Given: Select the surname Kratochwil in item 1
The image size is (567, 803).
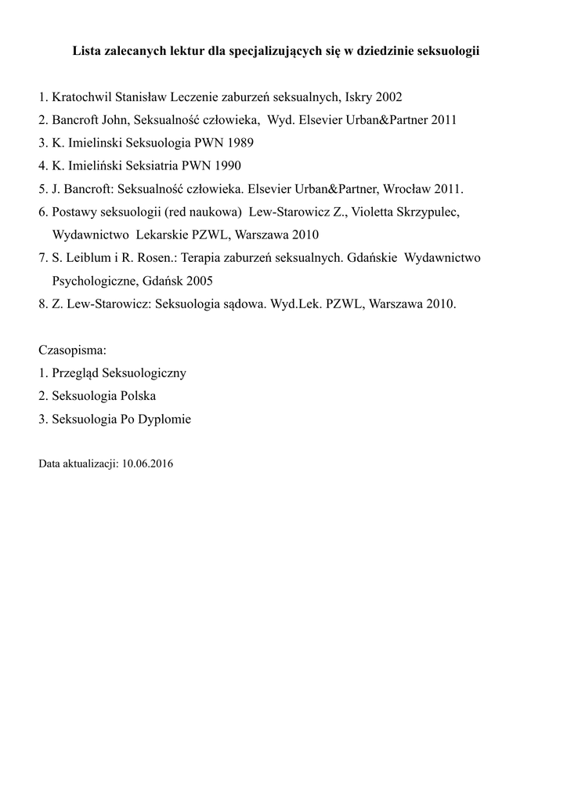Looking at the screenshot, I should click(x=84, y=98).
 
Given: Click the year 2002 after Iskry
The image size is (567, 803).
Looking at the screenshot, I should click(x=388, y=98).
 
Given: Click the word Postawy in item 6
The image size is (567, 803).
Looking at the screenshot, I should click(x=75, y=212).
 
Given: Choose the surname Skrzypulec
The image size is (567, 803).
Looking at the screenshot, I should click(x=435, y=212).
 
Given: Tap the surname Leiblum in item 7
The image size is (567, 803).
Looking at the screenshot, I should click(x=89, y=257).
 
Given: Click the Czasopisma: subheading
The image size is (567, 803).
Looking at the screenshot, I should click(x=72, y=349).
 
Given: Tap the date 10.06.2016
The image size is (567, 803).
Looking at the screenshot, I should click(x=147, y=463).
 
